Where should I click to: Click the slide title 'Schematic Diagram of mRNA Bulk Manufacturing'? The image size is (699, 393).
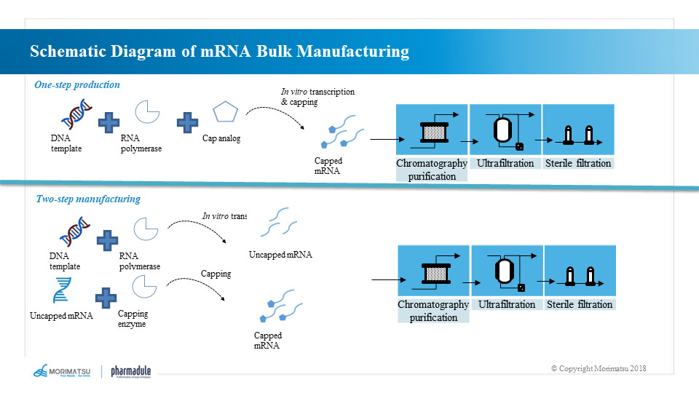pyautogui.click(x=219, y=52)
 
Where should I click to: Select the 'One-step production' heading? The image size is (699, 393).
pyautogui.click(x=77, y=85)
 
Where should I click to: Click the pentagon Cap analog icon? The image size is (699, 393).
pyautogui.click(x=225, y=114)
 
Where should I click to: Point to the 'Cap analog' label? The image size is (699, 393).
pyautogui.click(x=221, y=139)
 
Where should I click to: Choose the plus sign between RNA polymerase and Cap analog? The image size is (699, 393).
pyautogui.click(x=188, y=122)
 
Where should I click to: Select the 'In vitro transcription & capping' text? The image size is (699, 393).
pyautogui.click(x=317, y=97)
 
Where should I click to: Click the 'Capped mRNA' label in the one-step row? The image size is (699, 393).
pyautogui.click(x=328, y=166)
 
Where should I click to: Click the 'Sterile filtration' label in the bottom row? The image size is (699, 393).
pyautogui.click(x=580, y=304)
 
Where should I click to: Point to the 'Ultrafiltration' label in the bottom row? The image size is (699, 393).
pyautogui.click(x=507, y=304)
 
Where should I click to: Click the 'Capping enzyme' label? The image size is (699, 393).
pyautogui.click(x=133, y=319)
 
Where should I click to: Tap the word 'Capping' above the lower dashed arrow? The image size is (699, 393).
pyautogui.click(x=216, y=274)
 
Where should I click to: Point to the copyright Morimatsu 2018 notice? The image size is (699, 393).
pyautogui.click(x=598, y=368)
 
